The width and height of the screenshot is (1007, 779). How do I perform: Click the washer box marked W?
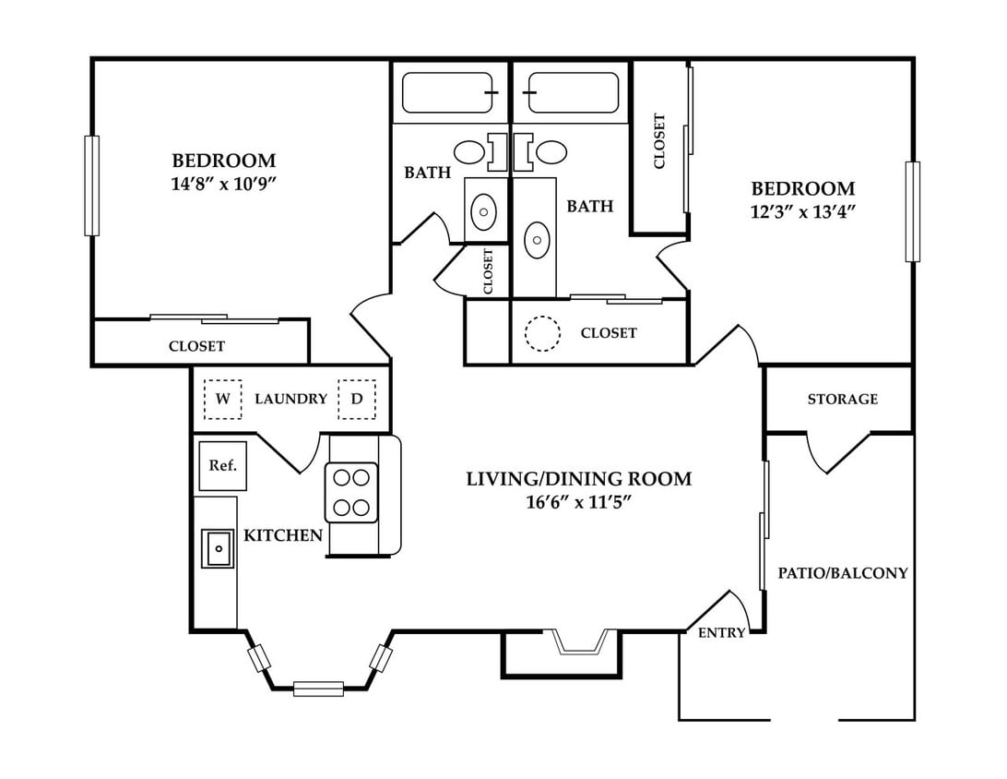[x=223, y=399]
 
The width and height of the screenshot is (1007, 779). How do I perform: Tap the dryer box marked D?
[x=357, y=399]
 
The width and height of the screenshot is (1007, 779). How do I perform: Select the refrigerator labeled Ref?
[x=223, y=465]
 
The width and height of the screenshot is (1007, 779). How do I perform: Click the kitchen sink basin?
[x=219, y=548]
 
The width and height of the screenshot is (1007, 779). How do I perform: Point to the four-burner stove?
[x=351, y=492]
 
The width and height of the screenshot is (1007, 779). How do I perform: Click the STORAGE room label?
[x=843, y=399]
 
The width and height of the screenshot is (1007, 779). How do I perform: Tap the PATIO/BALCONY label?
[x=843, y=572]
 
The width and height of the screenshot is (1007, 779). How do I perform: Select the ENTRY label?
[x=722, y=633]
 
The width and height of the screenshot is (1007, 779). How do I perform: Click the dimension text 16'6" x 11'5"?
[x=576, y=502]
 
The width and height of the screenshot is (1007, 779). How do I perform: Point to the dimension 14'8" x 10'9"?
[x=223, y=184]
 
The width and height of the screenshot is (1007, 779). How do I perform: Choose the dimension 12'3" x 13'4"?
[x=803, y=211]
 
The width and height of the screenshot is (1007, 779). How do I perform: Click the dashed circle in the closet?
[x=542, y=333]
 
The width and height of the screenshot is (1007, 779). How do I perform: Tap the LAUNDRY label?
[x=290, y=399]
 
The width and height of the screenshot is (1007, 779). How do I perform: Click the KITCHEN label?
[x=283, y=535]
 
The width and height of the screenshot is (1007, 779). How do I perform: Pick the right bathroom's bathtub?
[x=571, y=92]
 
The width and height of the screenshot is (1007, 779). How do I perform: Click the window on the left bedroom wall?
[x=92, y=186]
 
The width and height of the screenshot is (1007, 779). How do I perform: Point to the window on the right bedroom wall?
[x=913, y=211]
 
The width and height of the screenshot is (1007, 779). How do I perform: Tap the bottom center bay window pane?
[x=318, y=689]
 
